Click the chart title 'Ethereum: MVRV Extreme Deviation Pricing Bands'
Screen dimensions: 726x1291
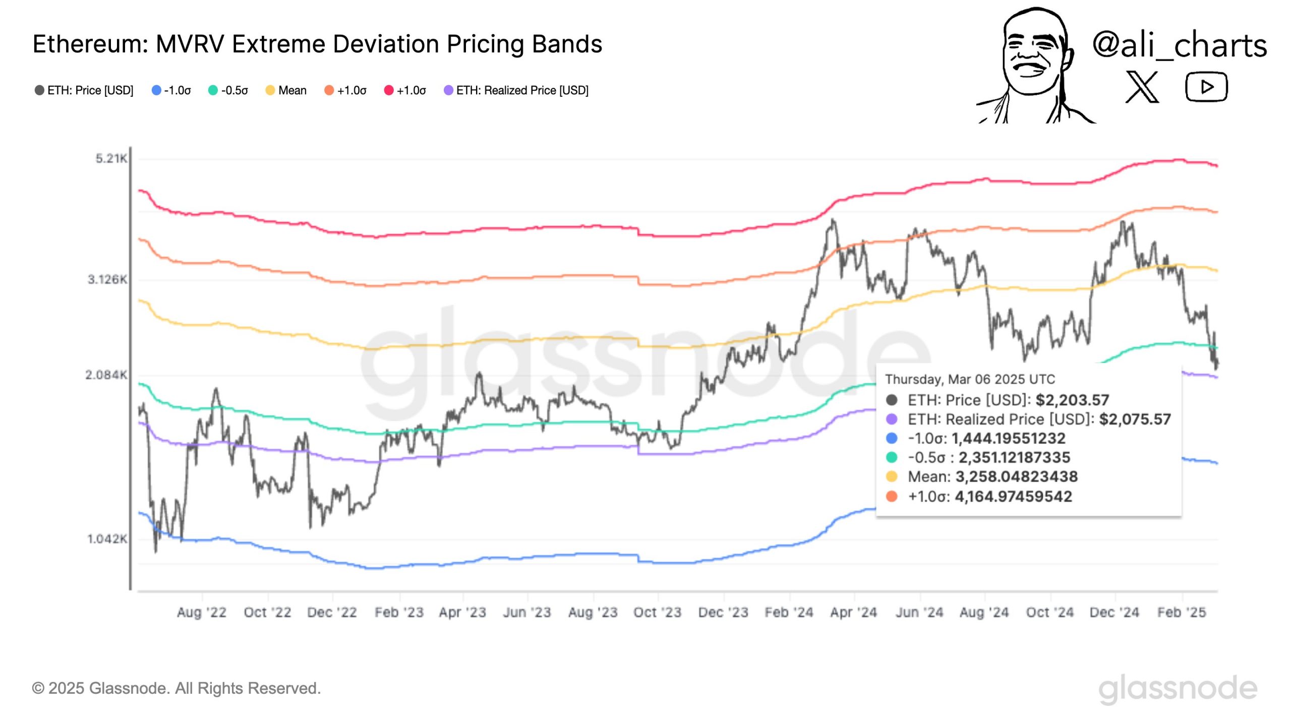pos(317,44)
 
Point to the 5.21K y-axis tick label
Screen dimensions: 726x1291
pos(111,159)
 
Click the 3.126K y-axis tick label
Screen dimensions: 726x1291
pos(107,279)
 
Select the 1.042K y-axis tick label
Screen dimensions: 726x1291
pos(107,539)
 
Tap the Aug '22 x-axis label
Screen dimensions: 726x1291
pos(202,613)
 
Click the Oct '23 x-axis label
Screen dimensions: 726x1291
pos(657,613)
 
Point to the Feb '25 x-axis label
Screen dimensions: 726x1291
pos(1182,613)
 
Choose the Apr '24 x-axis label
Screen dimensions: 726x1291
pos(853,613)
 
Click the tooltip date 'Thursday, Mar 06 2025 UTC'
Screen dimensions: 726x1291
pos(970,379)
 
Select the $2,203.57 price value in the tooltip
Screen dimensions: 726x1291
pos(1072,400)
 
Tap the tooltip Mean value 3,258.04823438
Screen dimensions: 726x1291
pos(1016,477)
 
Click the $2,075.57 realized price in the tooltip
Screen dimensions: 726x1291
pos(1135,419)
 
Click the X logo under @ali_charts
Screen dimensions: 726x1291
pos(1142,87)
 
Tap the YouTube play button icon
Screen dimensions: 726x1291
pos(1206,87)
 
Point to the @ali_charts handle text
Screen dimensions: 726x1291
pos(1179,45)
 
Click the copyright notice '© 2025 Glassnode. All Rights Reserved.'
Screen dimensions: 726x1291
pos(177,688)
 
